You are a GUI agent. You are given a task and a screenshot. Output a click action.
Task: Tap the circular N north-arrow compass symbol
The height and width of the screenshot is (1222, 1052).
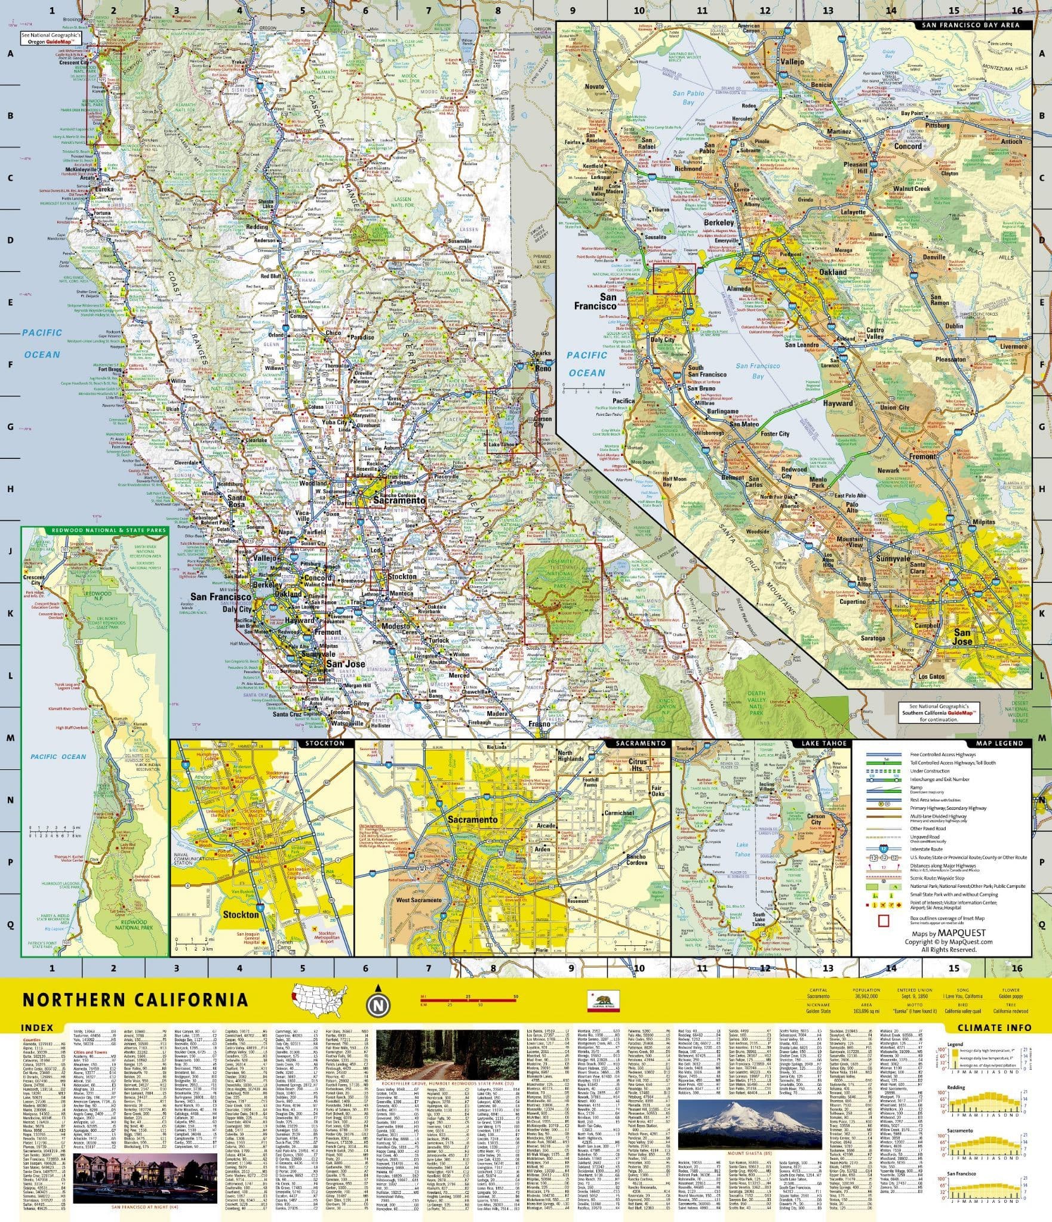[377, 1006]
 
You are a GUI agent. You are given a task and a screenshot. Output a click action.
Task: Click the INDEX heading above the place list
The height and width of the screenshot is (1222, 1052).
[37, 1027]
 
